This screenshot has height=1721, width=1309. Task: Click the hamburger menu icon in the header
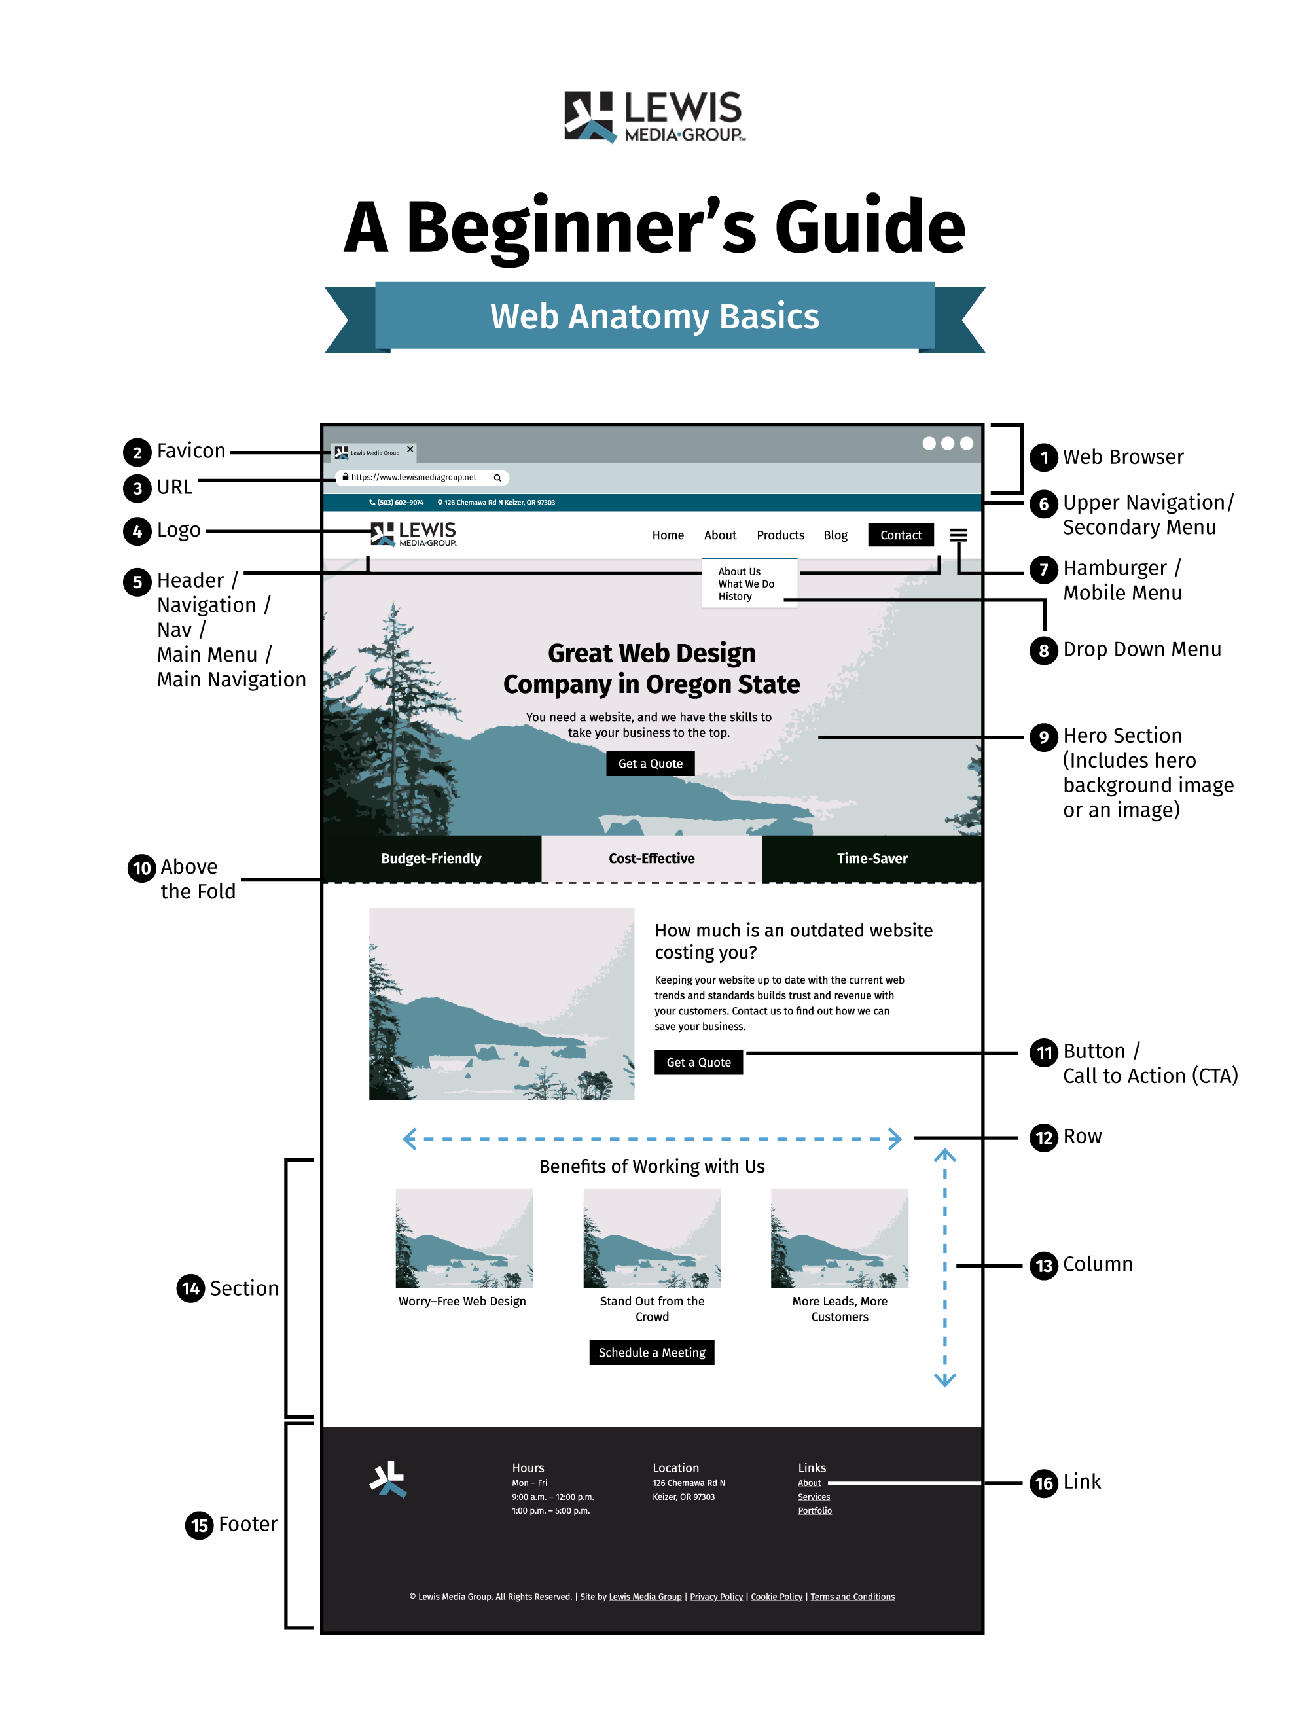click(958, 535)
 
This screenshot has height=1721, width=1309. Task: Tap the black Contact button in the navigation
click(901, 535)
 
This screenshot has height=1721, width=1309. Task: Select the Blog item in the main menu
click(835, 535)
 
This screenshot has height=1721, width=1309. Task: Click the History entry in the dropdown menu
click(735, 597)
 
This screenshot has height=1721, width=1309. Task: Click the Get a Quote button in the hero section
click(650, 764)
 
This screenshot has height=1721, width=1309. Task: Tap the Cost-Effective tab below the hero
click(651, 859)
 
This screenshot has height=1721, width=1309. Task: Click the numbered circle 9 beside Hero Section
click(1043, 737)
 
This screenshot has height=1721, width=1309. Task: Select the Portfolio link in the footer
click(814, 1511)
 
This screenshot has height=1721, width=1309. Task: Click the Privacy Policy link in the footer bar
click(716, 1597)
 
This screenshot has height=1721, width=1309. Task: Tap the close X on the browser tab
click(410, 450)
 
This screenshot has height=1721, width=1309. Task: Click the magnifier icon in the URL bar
click(497, 478)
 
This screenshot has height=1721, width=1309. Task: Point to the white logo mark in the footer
click(388, 1479)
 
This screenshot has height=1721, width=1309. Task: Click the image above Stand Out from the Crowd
click(651, 1238)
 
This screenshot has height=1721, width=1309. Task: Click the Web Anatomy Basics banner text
click(654, 316)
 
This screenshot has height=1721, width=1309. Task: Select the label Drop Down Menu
click(1141, 650)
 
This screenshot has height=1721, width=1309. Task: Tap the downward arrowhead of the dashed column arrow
click(944, 1381)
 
